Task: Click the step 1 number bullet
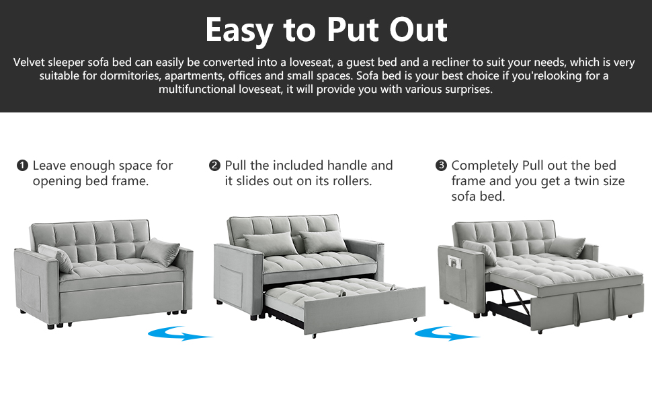coord(23,166)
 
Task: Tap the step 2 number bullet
coord(215,166)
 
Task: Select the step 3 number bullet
coord(441,166)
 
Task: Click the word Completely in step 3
coord(485,166)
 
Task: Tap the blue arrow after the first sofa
coord(179,333)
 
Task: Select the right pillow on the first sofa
coord(161,252)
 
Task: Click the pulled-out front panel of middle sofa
coord(364,310)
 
